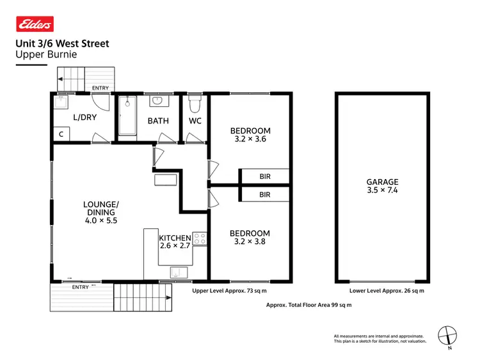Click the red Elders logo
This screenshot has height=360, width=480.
coord(35,24)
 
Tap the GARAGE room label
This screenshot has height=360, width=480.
coord(383,182)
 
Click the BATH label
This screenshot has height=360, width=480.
coord(158,120)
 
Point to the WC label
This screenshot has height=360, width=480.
coord(195,120)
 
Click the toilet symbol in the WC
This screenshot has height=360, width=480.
coord(195,103)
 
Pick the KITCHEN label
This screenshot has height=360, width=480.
coord(175,239)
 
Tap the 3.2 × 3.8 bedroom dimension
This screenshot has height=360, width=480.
coord(250,243)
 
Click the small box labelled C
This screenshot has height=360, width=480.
coord(61,134)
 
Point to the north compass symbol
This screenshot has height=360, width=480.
coord(448,334)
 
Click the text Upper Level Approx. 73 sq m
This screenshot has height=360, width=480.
coord(227,290)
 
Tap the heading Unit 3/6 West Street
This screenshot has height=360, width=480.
coord(62,43)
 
